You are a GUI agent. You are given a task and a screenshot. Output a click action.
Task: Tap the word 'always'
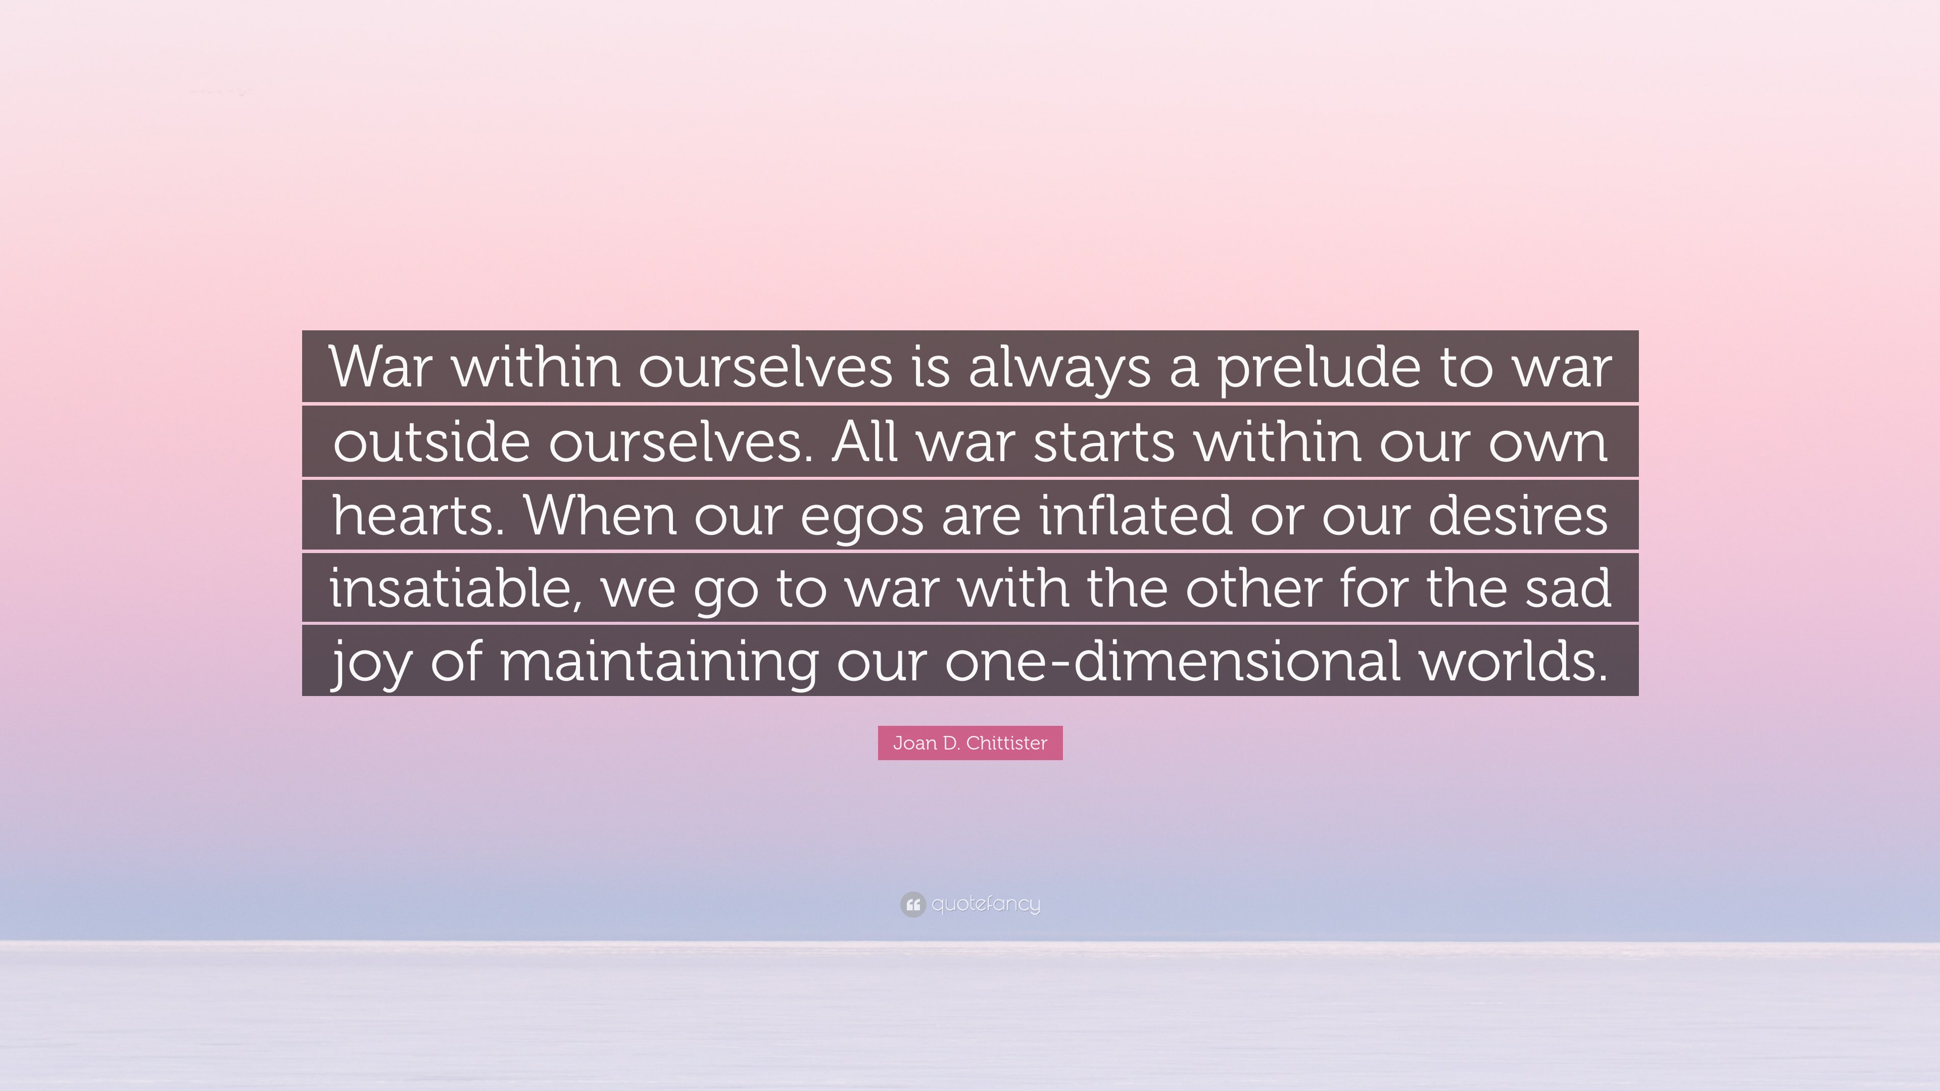pos(1059,368)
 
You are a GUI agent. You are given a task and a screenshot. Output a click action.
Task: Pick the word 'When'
pos(600,516)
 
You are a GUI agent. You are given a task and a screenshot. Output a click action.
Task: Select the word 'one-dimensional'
pos(1173,661)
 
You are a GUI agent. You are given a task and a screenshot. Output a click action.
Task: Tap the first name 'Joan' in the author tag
pos(914,743)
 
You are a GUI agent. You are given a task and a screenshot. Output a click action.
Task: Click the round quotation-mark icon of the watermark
pos(912,904)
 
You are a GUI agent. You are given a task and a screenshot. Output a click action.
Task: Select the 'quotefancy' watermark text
pos(986,904)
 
